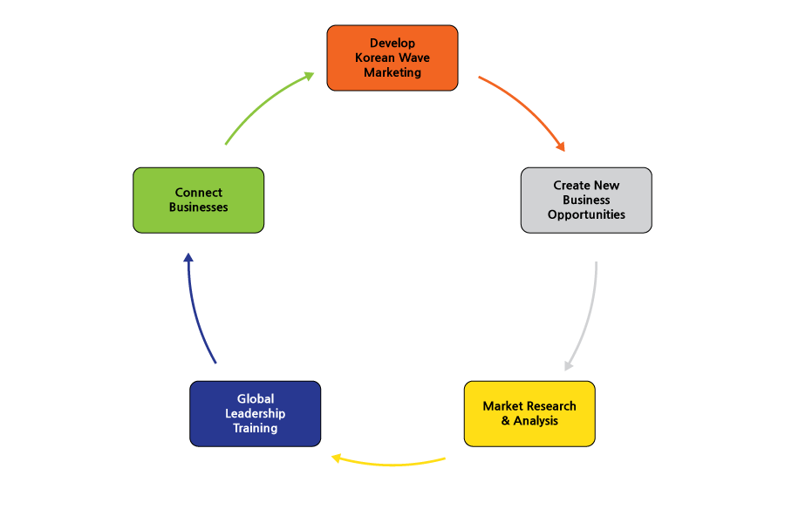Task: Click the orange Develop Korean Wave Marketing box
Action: (x=392, y=58)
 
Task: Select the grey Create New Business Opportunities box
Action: (x=586, y=200)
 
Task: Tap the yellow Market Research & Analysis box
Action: (x=529, y=414)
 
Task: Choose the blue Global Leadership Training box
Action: (x=256, y=414)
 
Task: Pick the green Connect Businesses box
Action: (x=198, y=200)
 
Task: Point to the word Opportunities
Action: (x=586, y=215)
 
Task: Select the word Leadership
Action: (x=256, y=414)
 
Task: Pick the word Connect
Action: (x=198, y=193)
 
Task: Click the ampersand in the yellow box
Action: (x=506, y=420)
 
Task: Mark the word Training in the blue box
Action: (x=256, y=428)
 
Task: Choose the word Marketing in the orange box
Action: (x=392, y=72)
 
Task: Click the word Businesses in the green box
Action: (x=198, y=207)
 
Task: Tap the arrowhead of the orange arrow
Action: (x=561, y=146)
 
